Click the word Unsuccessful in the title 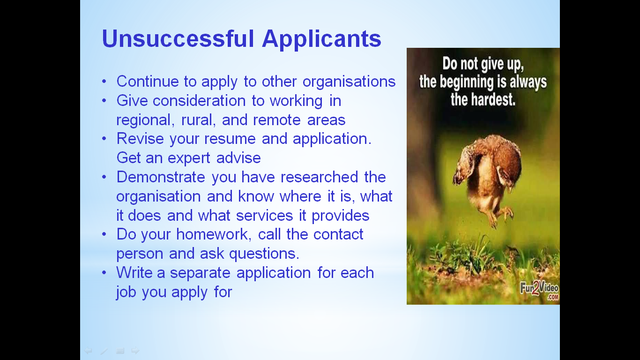pos(178,38)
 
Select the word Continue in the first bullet pos(148,81)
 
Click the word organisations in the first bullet pos(349,82)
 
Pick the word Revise pos(140,139)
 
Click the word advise pos(238,158)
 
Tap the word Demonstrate pos(161,177)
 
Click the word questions pos(264,254)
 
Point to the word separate pos(200,273)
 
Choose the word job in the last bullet pos(126,292)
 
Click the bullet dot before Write pos(104,272)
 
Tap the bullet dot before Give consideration pos(104,100)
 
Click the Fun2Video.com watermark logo pos(539,291)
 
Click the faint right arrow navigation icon pos(135,350)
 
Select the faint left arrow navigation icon pos(88,350)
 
